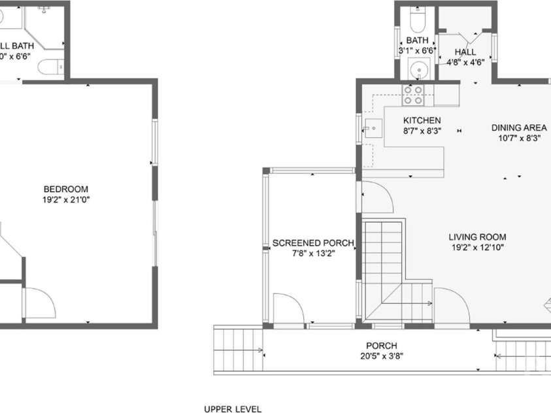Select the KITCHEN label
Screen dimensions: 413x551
422,120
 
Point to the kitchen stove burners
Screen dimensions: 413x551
413,95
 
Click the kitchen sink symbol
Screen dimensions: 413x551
373,128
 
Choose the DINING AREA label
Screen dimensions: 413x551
519,127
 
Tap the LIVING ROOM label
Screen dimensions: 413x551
477,237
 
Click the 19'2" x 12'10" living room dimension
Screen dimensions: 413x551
477,247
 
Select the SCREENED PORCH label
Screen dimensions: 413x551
313,243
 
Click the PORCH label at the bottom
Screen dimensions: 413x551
382,346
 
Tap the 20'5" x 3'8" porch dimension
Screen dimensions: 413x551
382,356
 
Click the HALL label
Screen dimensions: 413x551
465,52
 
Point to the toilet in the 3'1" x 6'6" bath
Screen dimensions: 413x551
416,21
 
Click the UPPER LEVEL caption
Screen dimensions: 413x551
233,409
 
